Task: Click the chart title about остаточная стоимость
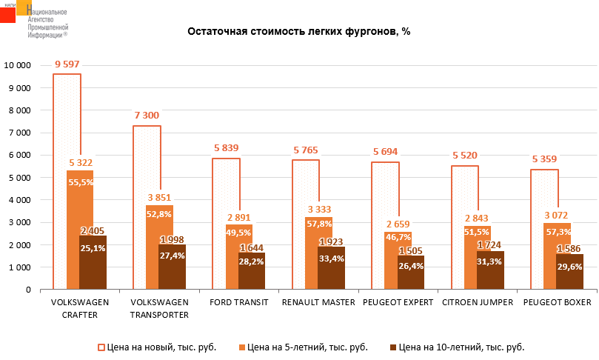point(298,32)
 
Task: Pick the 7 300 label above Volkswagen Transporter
point(146,116)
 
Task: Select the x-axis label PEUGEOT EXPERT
point(397,302)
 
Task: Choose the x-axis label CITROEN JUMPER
point(477,302)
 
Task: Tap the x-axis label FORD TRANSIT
point(238,302)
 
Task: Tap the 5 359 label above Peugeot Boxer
point(544,159)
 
